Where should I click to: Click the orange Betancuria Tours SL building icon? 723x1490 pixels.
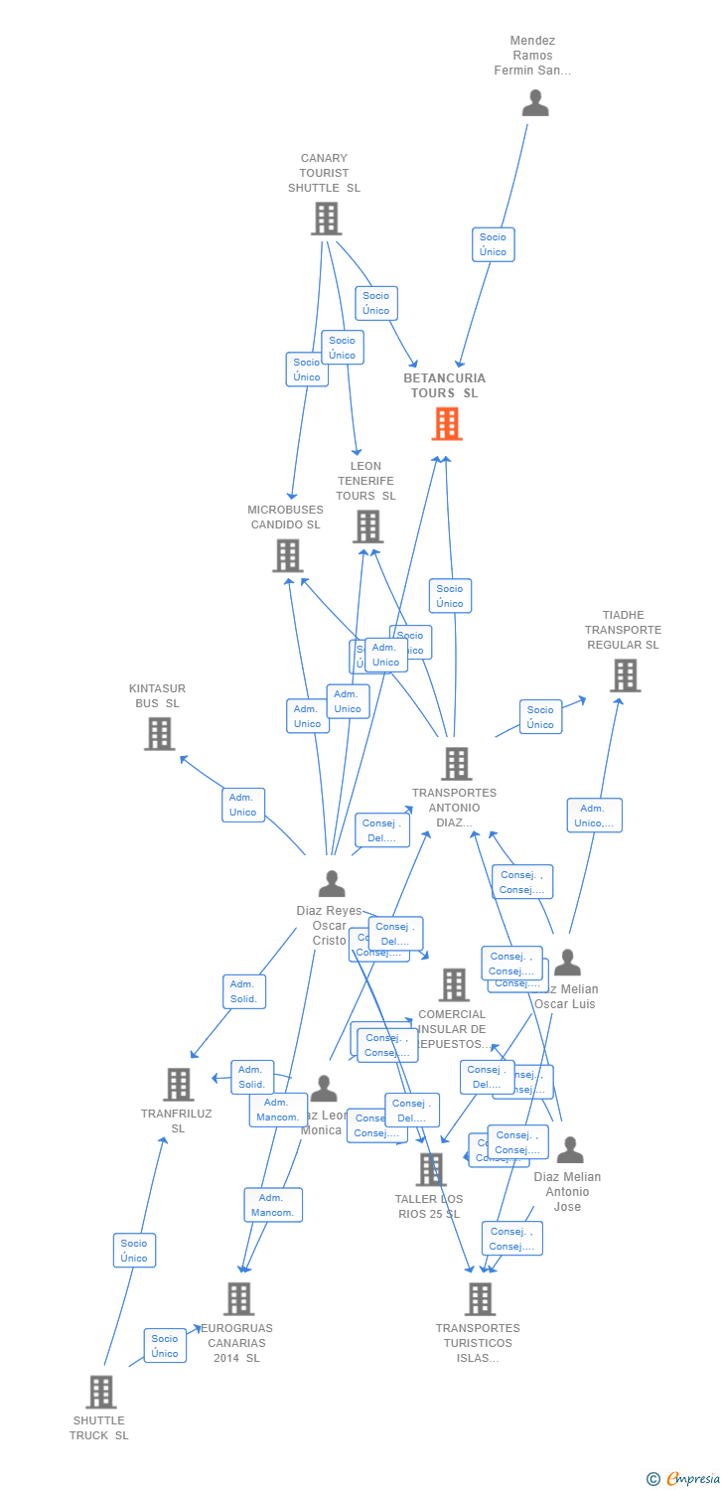447,424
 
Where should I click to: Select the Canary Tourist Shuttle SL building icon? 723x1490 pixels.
326,219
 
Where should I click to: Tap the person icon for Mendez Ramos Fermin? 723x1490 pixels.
535,103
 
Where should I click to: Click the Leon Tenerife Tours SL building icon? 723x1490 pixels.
367,526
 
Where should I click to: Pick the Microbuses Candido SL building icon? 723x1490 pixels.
287,556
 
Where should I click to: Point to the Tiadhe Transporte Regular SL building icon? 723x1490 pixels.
625,675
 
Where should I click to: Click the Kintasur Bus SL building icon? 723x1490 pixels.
159,734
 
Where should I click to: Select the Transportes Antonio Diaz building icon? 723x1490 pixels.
456,764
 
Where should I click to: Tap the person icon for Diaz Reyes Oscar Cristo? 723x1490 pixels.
332,883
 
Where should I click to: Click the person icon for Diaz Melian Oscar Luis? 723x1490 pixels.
567,963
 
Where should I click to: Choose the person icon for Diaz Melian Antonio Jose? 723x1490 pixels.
570,1150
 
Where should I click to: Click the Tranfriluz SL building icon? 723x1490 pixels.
179,1085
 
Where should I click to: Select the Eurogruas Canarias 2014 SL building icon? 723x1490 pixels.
238,1298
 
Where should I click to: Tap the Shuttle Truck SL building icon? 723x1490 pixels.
100,1392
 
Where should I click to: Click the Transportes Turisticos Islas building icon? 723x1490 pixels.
480,1298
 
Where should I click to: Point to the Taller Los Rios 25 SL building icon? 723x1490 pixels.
431,1169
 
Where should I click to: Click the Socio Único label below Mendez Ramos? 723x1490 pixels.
493,244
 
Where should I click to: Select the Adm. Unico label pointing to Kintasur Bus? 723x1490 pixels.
243,805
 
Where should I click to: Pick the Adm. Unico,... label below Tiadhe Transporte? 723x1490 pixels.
594,816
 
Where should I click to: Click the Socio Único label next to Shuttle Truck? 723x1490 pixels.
165,1346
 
